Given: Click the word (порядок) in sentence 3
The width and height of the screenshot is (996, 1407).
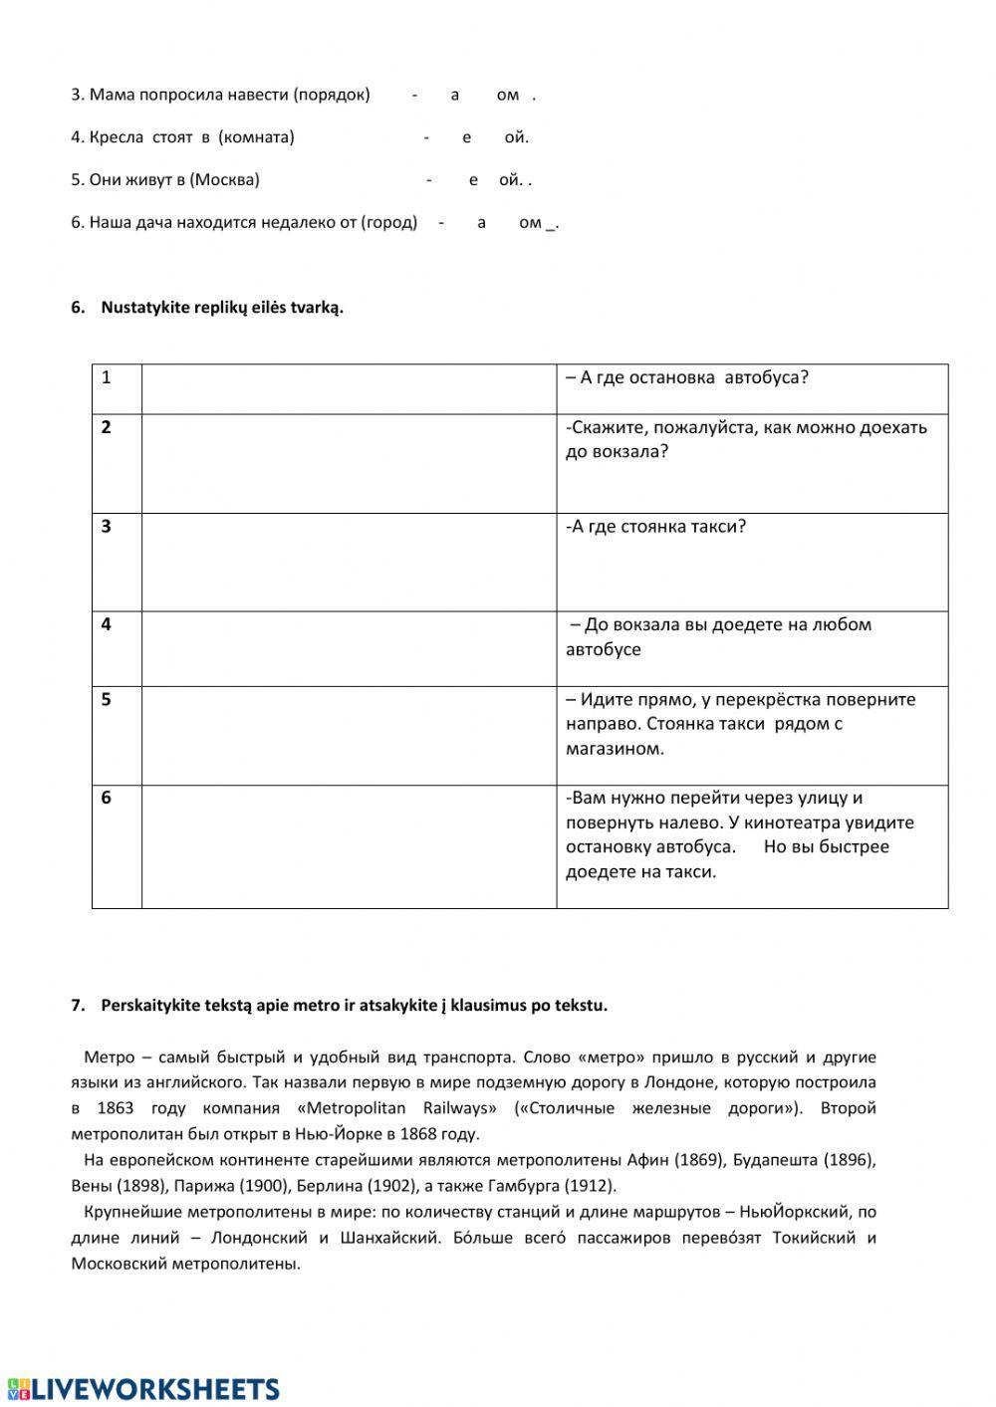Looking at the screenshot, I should [332, 95].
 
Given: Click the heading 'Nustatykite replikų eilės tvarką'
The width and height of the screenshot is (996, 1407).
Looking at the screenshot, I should [221, 308].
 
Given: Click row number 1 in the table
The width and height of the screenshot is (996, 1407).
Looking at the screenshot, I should [107, 378].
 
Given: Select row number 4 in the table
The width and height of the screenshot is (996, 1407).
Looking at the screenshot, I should [107, 625].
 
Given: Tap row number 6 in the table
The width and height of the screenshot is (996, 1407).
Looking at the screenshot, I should [107, 799].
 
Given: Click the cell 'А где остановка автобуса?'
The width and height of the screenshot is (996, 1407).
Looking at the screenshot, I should [687, 378].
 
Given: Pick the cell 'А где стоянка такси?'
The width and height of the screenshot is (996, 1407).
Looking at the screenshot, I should [655, 527].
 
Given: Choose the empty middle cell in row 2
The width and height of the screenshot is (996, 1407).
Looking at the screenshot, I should [349, 463].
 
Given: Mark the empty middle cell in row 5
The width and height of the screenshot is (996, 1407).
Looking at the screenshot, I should [349, 735].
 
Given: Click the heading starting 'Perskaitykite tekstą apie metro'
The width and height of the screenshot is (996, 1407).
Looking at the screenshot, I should [354, 1006].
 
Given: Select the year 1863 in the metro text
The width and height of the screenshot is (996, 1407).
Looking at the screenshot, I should [116, 1108].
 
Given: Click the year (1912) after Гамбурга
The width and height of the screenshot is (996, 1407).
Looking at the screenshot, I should [590, 1186].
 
